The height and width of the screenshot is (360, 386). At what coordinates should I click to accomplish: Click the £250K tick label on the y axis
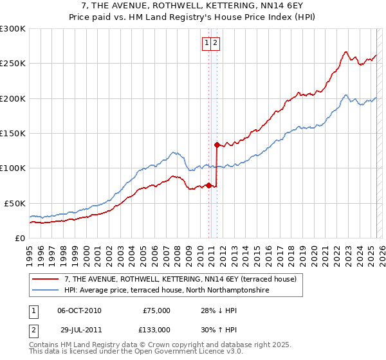13,64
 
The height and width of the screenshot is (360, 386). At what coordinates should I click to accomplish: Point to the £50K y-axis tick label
15,203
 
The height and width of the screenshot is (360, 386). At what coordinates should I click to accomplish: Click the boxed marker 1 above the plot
207,43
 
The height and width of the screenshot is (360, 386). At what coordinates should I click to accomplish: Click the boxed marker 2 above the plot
216,43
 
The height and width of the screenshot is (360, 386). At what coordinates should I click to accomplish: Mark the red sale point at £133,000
217,145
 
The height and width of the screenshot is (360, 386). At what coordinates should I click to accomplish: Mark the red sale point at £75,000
208,185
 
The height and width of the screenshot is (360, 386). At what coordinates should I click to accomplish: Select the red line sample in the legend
46,279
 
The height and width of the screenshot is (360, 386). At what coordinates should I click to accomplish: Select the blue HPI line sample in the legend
46,291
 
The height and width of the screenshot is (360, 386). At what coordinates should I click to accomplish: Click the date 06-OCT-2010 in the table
79,310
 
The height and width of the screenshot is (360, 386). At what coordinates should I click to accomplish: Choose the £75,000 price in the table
156,310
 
